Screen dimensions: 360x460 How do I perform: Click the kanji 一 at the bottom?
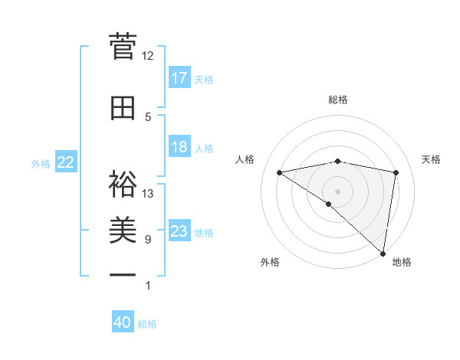pyautogui.click(x=123, y=275)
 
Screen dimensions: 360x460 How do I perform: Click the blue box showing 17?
pyautogui.click(x=179, y=78)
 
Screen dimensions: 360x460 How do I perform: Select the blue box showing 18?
pyautogui.click(x=179, y=147)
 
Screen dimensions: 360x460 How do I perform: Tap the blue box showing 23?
pyautogui.click(x=179, y=231)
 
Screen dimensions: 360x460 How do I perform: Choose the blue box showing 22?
pyautogui.click(x=66, y=162)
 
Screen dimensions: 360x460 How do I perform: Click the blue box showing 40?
pyautogui.click(x=123, y=322)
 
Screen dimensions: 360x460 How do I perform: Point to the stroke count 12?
pyautogui.click(x=147, y=55)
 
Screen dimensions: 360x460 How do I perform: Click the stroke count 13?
pyautogui.click(x=147, y=193)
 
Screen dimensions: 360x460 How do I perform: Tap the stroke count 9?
pyautogui.click(x=147, y=240)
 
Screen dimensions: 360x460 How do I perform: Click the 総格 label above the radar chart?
pyautogui.click(x=338, y=100)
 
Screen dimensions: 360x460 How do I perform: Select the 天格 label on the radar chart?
pyautogui.click(x=431, y=159)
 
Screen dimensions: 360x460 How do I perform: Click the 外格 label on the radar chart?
pyautogui.click(x=270, y=262)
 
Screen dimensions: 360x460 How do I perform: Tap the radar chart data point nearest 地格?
pyautogui.click(x=383, y=253)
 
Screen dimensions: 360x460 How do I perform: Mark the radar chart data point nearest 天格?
pyautogui.click(x=396, y=172)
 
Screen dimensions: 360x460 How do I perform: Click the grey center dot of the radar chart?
pyautogui.click(x=338, y=191)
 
